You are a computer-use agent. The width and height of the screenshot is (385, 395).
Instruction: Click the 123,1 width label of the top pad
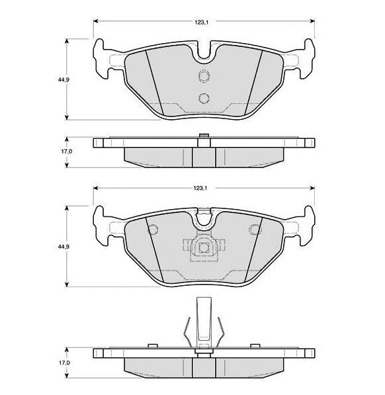(201, 22)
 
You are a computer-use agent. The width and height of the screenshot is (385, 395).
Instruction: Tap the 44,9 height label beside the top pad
(64, 79)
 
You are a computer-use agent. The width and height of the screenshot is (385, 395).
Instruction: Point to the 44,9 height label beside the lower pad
(64, 246)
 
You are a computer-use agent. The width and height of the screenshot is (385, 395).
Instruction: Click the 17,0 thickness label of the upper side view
(65, 152)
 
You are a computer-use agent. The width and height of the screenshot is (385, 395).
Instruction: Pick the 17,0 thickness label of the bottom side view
(65, 363)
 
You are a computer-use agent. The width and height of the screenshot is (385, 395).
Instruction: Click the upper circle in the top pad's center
(204, 75)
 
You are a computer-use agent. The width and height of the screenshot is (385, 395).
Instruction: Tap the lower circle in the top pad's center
(204, 98)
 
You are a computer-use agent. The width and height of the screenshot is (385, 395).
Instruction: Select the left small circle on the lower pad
(153, 229)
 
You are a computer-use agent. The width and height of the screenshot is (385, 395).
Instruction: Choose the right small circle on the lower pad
(255, 229)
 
